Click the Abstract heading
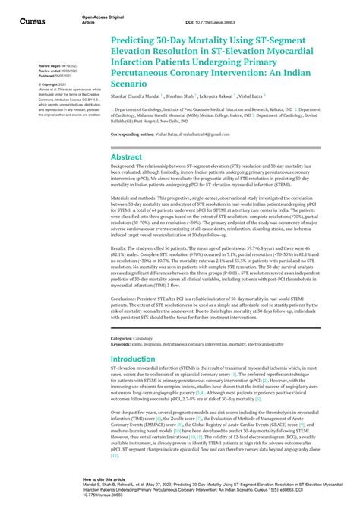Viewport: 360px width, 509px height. [x=126, y=157]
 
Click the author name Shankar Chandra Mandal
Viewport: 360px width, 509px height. [x=137, y=96]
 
